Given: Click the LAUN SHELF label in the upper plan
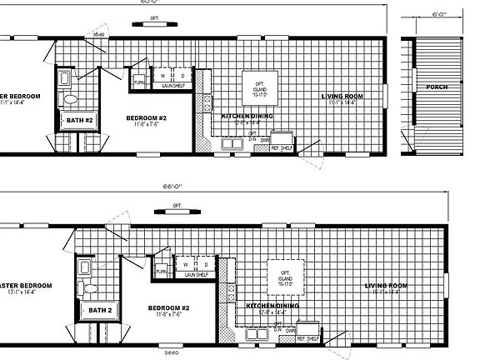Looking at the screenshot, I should [173, 85].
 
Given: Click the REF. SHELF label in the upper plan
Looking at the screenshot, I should [257, 148].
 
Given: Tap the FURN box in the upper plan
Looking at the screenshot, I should [139, 82].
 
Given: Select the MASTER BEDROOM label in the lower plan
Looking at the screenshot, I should [25, 285].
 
